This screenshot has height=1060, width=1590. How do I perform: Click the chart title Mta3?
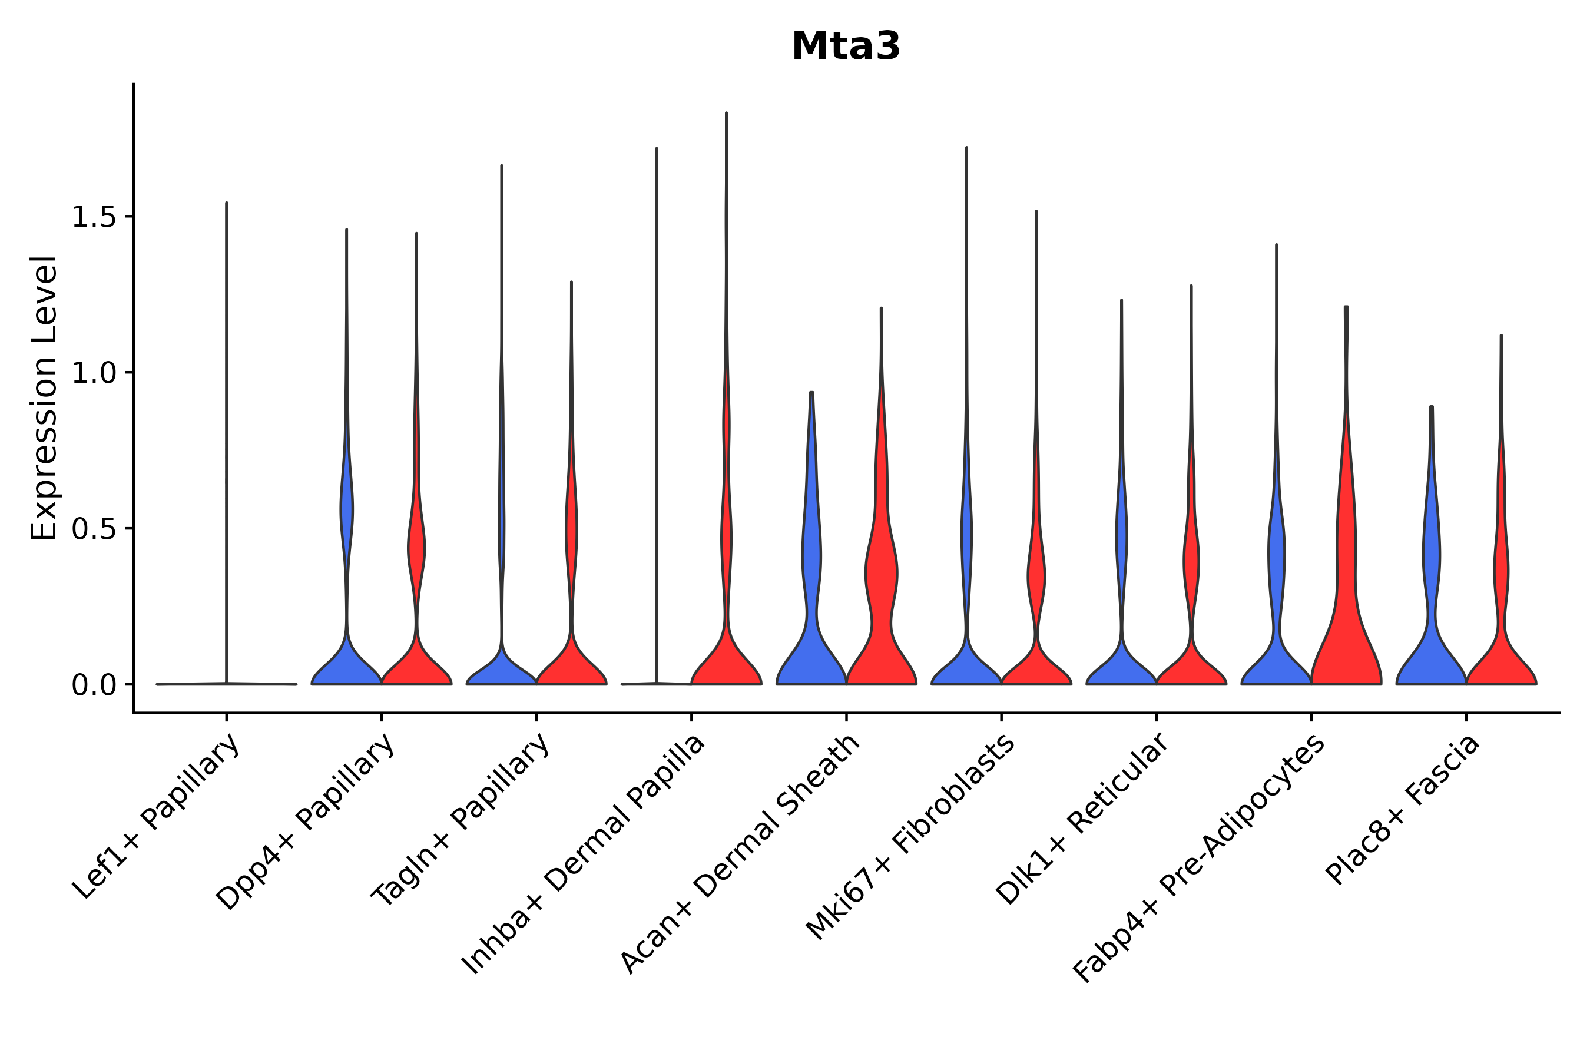click(845, 47)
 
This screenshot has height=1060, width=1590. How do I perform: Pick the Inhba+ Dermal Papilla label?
click(584, 854)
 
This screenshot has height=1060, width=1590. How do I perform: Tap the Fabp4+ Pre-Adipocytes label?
click(1198, 858)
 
